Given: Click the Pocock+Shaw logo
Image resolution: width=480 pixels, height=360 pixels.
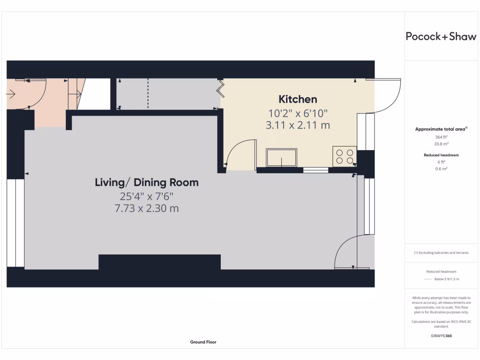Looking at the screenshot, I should click(441, 37).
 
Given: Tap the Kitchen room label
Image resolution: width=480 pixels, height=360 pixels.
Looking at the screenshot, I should click(298, 99).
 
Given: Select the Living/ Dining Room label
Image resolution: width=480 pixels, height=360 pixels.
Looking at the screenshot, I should click(147, 182).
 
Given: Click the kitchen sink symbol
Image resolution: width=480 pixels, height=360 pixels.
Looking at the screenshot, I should click(281, 157).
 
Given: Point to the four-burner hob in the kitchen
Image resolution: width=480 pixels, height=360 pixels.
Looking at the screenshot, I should click(345, 156).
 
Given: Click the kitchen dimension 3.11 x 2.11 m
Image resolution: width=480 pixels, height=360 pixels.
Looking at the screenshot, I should click(298, 125).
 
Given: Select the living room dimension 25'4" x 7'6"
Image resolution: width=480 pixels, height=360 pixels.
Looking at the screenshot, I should click(147, 196).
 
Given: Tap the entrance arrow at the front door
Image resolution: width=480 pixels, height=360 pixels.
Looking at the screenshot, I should click(11, 94).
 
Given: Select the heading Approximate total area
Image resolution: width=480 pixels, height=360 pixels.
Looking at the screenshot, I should click(441, 129).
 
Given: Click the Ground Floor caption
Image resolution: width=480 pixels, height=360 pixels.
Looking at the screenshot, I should click(203, 342).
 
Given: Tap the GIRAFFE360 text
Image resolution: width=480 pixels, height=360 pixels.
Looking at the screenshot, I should click(441, 336).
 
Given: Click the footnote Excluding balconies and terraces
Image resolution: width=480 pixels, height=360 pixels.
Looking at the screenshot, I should click(441, 253).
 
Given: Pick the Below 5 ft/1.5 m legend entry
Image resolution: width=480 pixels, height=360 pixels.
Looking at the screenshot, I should click(446, 279).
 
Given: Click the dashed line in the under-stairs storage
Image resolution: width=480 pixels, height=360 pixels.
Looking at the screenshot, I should click(148, 93).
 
